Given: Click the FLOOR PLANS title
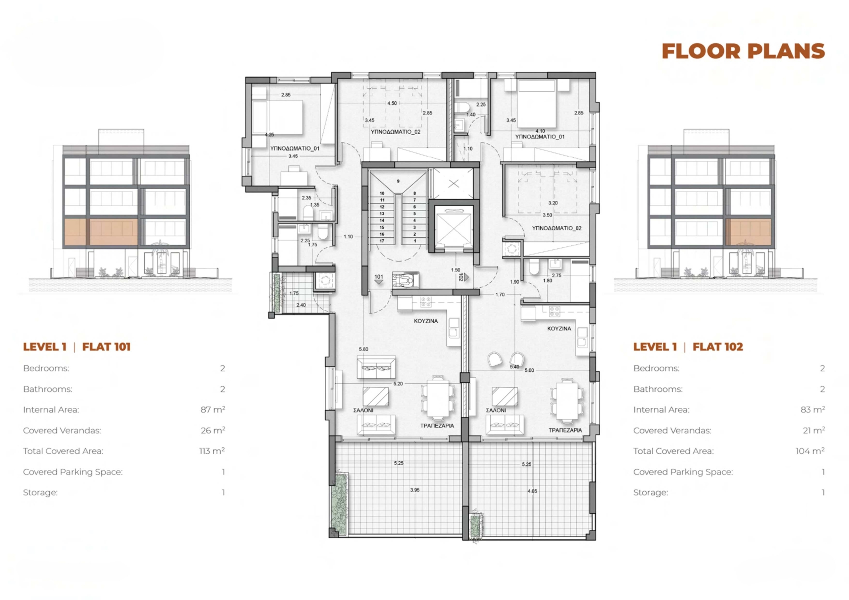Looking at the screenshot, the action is pyautogui.click(x=743, y=51).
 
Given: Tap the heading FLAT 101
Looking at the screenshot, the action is pyautogui.click(x=106, y=347).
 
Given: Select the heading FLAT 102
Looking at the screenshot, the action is pyautogui.click(x=718, y=347).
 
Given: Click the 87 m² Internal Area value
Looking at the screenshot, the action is pyautogui.click(x=213, y=409).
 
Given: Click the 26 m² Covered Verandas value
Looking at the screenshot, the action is pyautogui.click(x=213, y=430).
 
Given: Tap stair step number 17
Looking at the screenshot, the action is pyautogui.click(x=382, y=241).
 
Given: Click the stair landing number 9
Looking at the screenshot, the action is pyautogui.click(x=398, y=181).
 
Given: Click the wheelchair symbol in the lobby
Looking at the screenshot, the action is pyautogui.click(x=405, y=280).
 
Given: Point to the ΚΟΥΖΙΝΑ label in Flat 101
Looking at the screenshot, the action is pyautogui.click(x=425, y=321).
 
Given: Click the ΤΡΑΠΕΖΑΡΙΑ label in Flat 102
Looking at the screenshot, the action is pyautogui.click(x=565, y=430).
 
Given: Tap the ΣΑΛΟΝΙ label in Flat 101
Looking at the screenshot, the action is pyautogui.click(x=363, y=410).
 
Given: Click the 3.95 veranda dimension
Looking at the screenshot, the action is pyautogui.click(x=415, y=490).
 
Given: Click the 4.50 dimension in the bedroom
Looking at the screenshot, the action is pyautogui.click(x=392, y=103).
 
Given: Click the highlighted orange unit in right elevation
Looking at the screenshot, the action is pyautogui.click(x=748, y=232).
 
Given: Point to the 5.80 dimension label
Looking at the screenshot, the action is pyautogui.click(x=363, y=349).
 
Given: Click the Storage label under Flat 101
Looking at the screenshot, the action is pyautogui.click(x=40, y=492).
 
